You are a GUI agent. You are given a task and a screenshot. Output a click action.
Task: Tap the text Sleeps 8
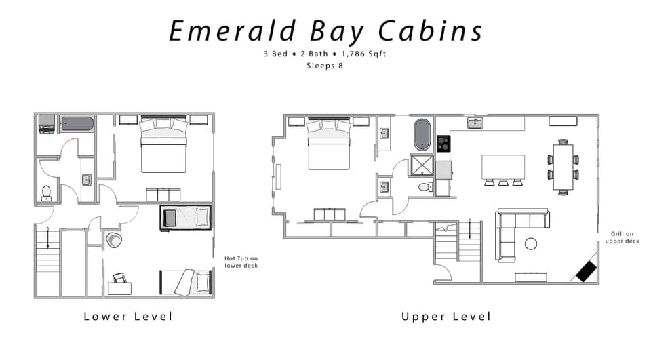coord(325,66)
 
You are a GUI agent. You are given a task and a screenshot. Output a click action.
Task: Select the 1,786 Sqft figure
coord(363,54)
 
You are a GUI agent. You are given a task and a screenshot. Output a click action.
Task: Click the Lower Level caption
coord(128,317)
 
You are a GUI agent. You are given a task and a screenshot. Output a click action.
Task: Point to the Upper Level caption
coord(446,317)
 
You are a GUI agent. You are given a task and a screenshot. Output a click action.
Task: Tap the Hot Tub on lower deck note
coord(241,262)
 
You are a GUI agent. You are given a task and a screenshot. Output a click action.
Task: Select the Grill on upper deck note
coord(622,237)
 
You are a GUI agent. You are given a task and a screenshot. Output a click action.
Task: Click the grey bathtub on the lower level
coord(77,123)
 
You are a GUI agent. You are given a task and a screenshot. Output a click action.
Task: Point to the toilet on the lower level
coord(46,193)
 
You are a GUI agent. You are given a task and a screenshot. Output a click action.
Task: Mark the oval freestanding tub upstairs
coord(422,134)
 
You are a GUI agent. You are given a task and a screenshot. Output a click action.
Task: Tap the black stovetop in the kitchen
coord(443,143)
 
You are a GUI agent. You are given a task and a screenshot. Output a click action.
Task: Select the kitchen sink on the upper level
coord(475,123)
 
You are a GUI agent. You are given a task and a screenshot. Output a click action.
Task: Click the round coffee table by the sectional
coord(531,243)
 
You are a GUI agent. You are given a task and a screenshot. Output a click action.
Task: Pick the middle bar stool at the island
coord(502,182)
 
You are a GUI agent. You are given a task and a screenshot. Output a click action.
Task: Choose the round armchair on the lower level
coord(113,240)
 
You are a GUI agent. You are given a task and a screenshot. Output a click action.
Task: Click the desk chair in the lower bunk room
coord(120,277)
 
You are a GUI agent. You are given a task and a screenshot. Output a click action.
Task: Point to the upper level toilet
coord(424,186)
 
